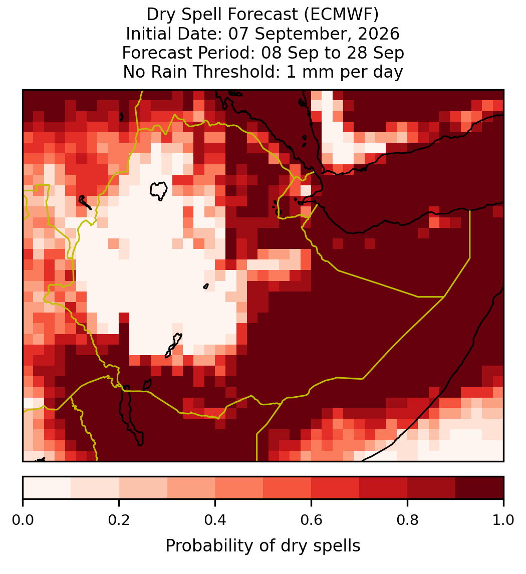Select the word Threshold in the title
[x=234, y=72]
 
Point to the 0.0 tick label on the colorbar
[x=23, y=520]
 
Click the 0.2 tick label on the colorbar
[x=119, y=520]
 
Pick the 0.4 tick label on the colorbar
[x=215, y=520]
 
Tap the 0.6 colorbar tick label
[x=312, y=520]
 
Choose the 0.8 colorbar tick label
[x=408, y=520]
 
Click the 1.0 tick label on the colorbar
[x=503, y=520]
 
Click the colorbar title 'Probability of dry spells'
[x=263, y=546]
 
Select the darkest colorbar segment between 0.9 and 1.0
[x=479, y=488]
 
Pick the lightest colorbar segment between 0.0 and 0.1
[x=47, y=488]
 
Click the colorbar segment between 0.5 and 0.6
[x=288, y=488]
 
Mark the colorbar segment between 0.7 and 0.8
[x=384, y=488]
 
